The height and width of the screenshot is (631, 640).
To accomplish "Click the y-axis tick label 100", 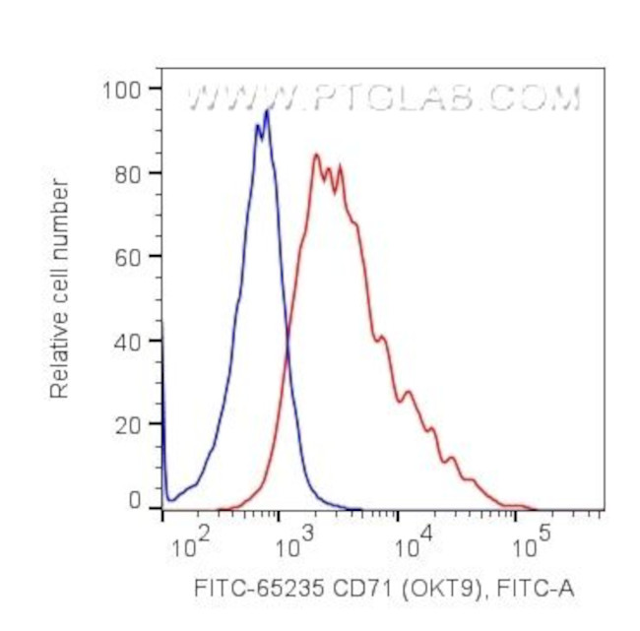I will pos(122,90).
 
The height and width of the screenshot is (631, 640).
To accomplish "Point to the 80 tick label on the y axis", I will pos(128,173).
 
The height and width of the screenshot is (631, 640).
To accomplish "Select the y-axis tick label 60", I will pos(128,257).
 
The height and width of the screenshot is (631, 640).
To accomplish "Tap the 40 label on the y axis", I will pos(128,341).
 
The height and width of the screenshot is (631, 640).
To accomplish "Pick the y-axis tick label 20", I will pos(128,424).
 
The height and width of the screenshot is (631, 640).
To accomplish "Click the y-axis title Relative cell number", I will pos(60,287).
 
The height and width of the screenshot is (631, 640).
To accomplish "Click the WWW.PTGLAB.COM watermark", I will pos(383,98).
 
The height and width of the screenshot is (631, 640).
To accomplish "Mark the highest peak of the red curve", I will pos(315,155).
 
